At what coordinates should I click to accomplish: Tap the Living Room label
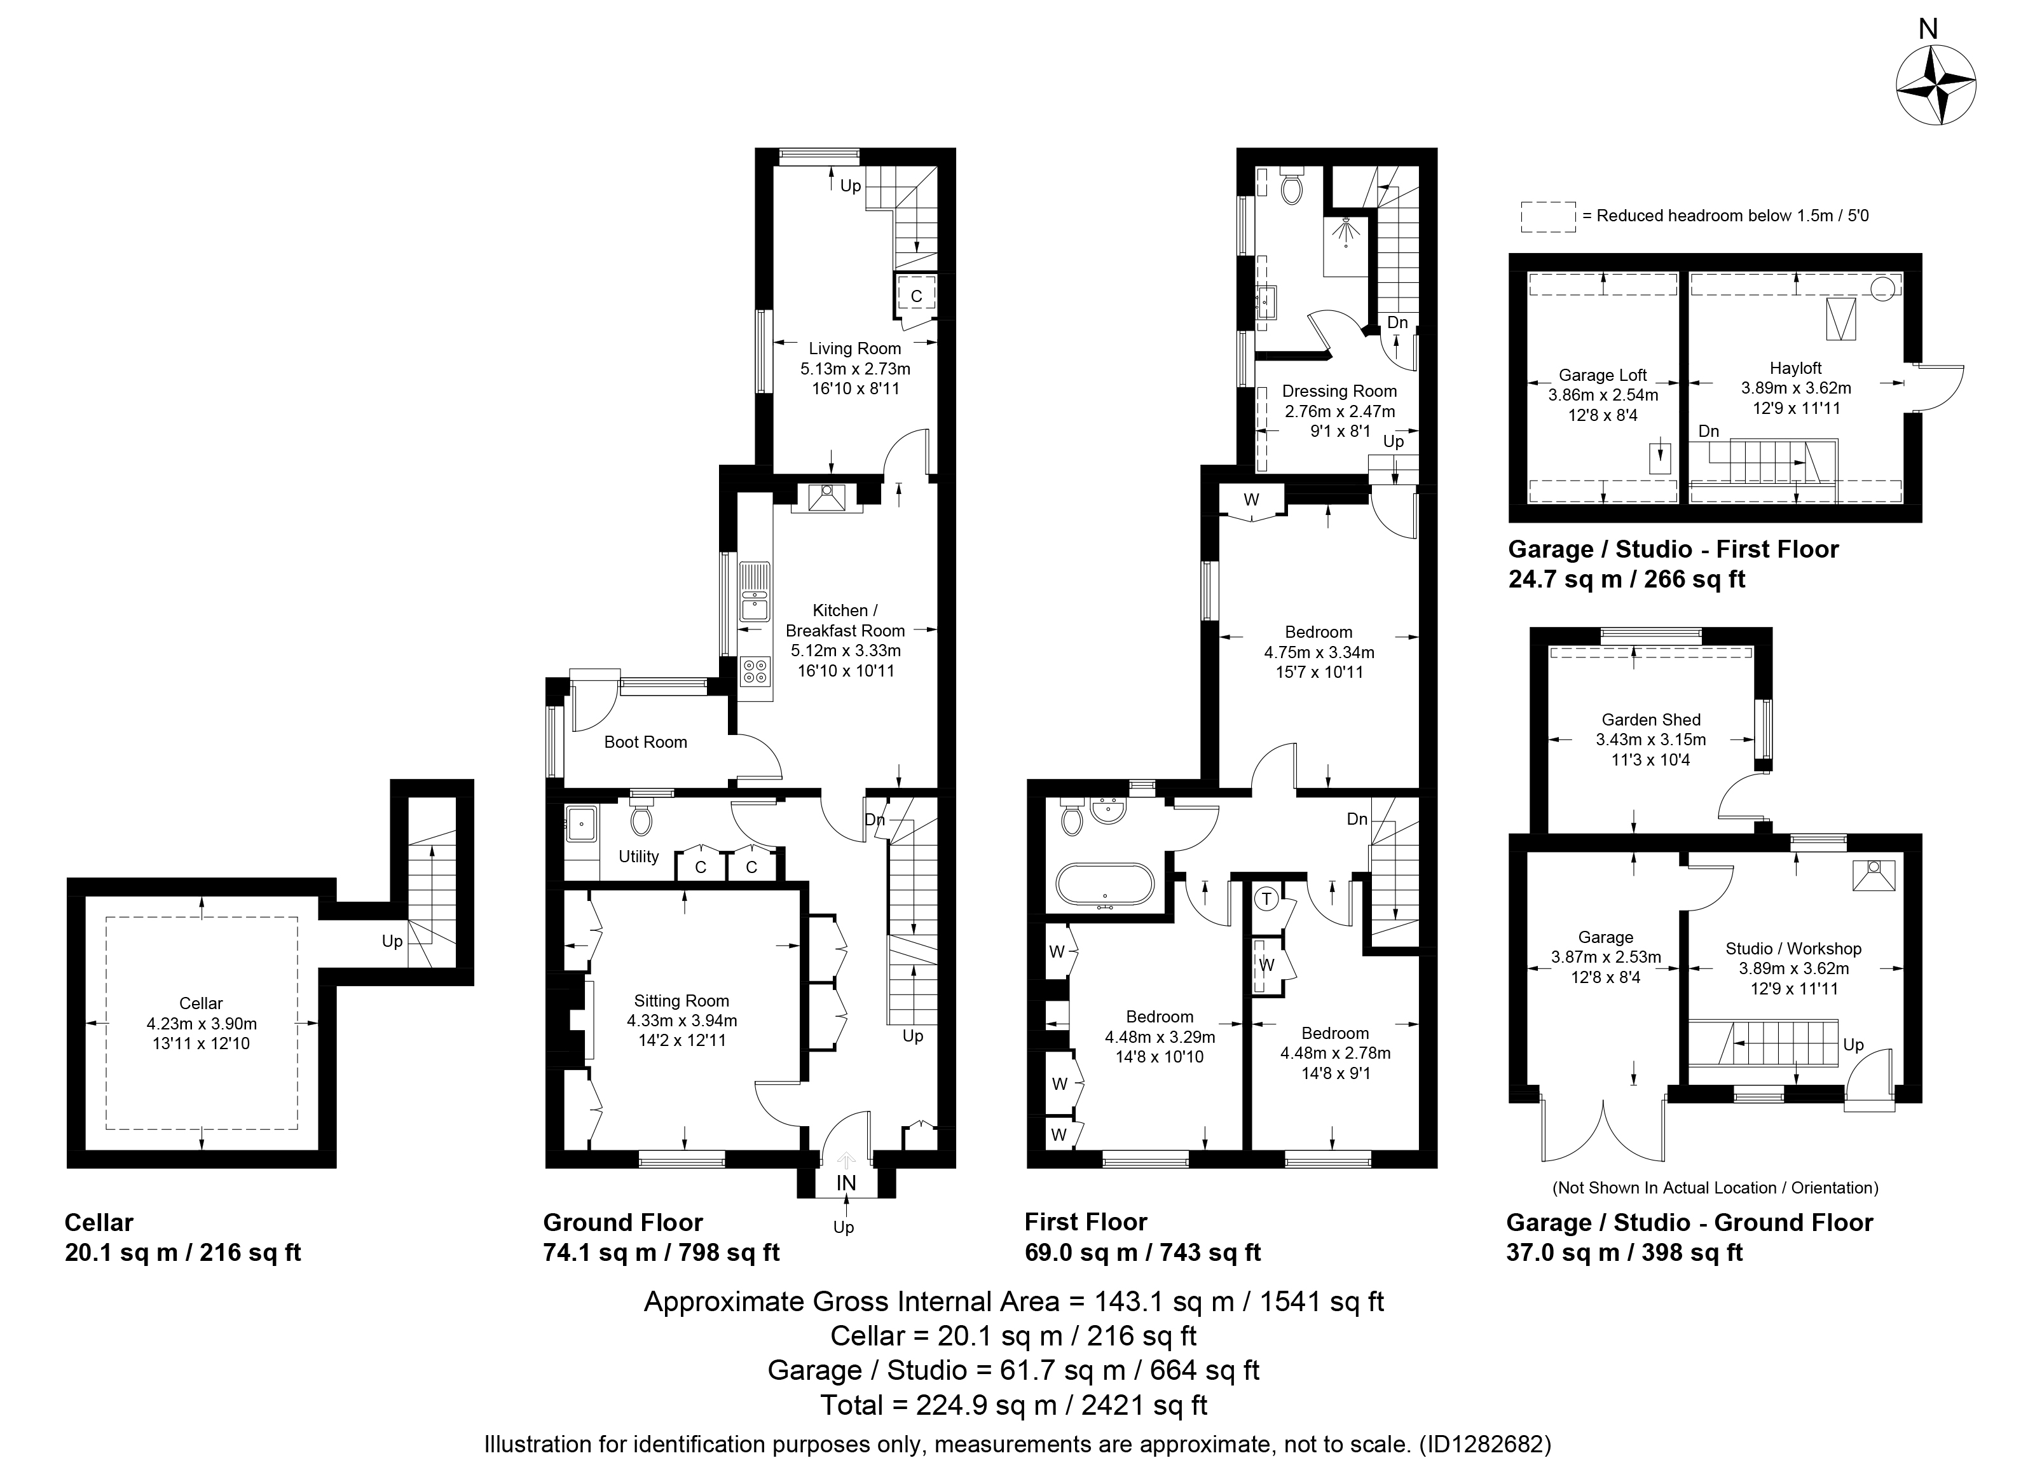855,349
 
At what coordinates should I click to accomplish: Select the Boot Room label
646,741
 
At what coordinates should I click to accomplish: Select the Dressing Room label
1339,391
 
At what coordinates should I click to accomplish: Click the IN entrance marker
846,1183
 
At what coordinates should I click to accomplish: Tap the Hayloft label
1795,368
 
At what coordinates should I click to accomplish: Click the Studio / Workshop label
1793,948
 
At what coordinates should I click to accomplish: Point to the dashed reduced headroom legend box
1548,216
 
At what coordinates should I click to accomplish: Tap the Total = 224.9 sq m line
1014,1405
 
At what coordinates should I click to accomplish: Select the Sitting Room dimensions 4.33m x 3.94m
682,1021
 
